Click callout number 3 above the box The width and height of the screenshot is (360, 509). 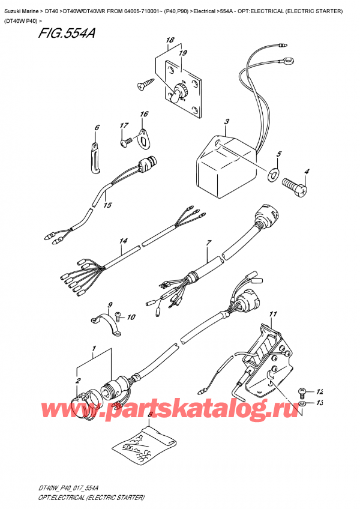pos(226,123)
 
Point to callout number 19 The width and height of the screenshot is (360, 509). pos(182,53)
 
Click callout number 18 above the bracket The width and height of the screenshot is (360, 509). pos(170,41)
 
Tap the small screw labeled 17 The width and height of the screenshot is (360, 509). pos(127,142)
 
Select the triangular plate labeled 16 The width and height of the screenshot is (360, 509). pos(143,136)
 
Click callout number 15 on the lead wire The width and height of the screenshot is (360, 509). pos(107,206)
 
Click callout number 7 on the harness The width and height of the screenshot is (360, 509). pos(209,242)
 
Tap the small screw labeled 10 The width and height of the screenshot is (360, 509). pos(118,313)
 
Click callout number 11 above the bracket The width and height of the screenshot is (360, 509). pos(274,314)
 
